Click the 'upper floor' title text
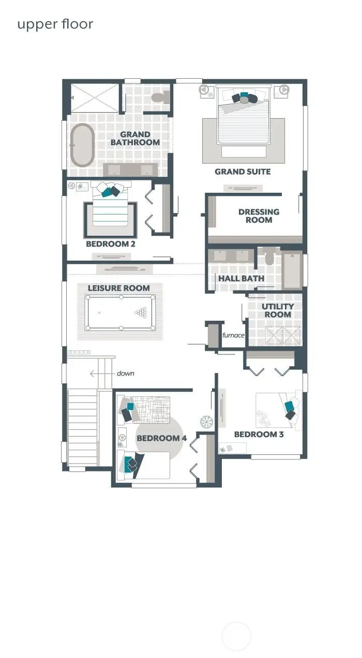(55, 24)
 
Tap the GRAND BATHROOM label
(135, 138)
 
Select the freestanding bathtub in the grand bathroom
(82, 145)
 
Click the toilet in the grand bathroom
(160, 97)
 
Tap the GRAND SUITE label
(243, 171)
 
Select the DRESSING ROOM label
(259, 216)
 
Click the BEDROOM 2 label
(111, 244)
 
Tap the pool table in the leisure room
(120, 312)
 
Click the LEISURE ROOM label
(118, 288)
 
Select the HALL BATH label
(241, 278)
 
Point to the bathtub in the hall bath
(292, 270)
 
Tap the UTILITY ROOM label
(278, 310)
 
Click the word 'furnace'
(233, 335)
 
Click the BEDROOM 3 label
(259, 434)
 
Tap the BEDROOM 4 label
(161, 438)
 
